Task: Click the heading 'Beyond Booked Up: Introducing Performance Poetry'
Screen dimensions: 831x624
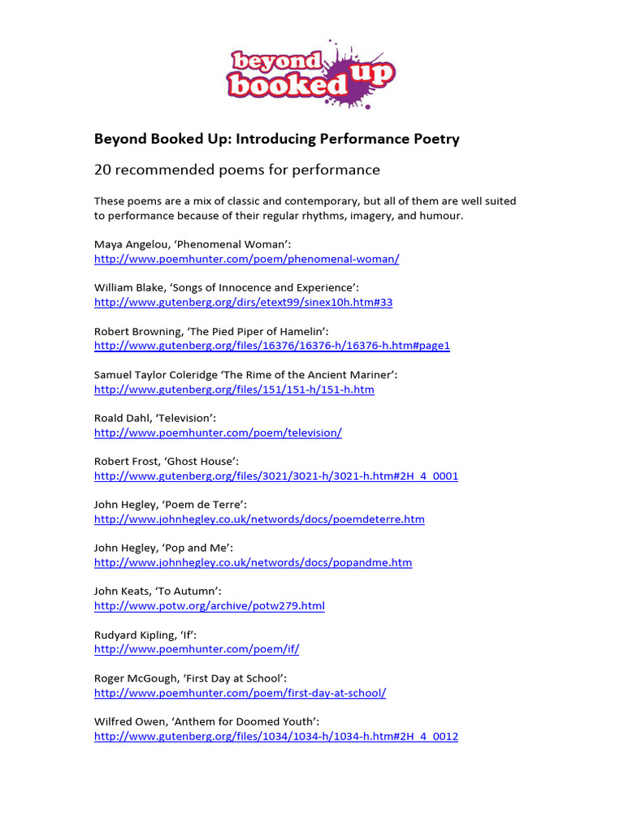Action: (x=276, y=139)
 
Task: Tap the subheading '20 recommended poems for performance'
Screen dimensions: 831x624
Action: (x=236, y=170)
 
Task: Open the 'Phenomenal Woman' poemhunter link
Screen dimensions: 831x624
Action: (x=246, y=259)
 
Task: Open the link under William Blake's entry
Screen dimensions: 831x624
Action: (x=243, y=303)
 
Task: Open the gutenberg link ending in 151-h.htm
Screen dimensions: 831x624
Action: (x=234, y=390)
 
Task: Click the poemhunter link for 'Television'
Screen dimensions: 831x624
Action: (x=218, y=433)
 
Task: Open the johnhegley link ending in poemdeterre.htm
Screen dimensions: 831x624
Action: (x=259, y=519)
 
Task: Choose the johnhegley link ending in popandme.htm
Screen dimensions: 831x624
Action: (x=253, y=562)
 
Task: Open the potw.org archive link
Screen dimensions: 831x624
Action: (x=209, y=606)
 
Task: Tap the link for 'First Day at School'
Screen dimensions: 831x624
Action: (x=240, y=693)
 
